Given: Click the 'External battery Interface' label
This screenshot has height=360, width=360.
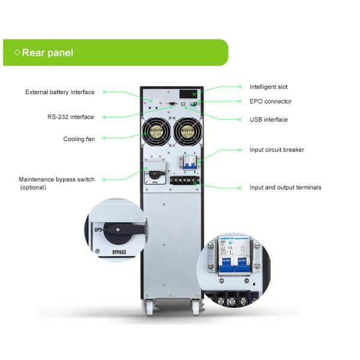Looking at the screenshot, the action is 60,92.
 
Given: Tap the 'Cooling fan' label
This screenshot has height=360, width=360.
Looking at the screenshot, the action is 79,139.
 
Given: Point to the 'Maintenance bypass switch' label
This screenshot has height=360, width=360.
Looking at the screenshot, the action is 56,179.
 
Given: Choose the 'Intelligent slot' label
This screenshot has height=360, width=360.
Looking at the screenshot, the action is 269,87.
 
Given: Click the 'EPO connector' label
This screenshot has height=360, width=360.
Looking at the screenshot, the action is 271,101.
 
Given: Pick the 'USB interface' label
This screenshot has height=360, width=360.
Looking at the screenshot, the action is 269,119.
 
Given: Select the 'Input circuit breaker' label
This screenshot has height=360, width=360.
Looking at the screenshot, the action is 277,149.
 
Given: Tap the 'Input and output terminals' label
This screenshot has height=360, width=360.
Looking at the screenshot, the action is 285,187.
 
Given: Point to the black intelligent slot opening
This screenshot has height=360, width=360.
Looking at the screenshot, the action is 188,94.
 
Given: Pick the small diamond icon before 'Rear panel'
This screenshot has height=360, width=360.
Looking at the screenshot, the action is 17,53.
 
